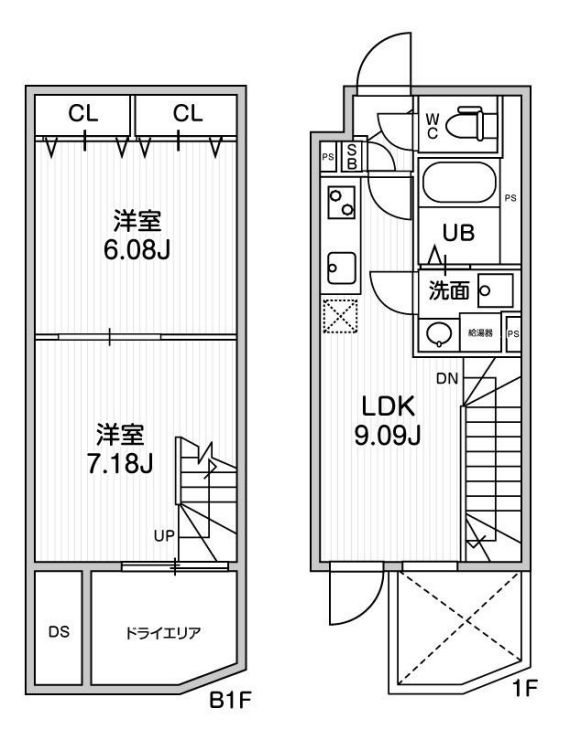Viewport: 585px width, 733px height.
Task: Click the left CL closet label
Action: (83, 113)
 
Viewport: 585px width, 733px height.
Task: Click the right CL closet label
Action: (187, 113)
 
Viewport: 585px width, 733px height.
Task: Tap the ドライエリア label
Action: (162, 632)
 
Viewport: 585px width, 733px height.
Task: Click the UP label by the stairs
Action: (164, 535)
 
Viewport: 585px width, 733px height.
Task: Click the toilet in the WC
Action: (469, 125)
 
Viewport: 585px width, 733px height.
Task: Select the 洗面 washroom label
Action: (449, 291)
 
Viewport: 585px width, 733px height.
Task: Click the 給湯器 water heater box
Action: (481, 332)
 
